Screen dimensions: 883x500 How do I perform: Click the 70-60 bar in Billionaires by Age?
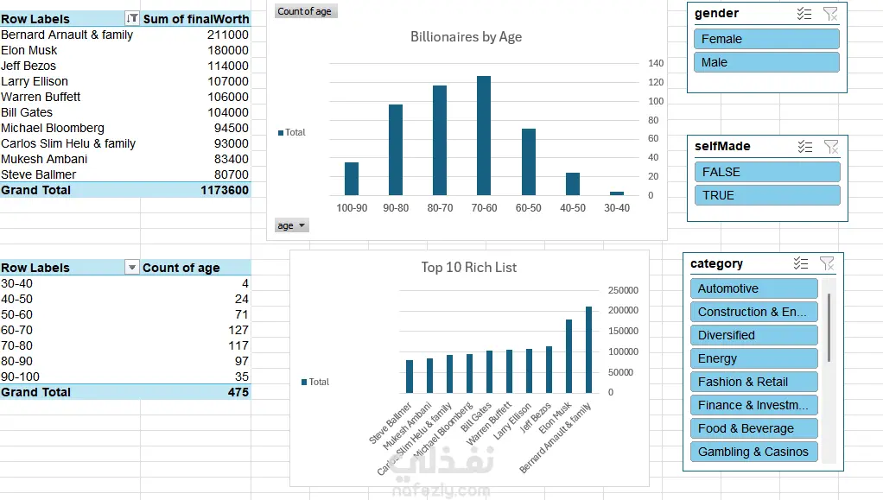(x=484, y=136)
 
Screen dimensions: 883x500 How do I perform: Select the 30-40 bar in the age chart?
(x=617, y=193)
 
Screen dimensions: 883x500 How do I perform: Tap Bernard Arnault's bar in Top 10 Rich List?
(x=588, y=350)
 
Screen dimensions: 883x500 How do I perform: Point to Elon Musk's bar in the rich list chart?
(x=569, y=357)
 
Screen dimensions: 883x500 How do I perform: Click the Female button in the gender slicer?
(x=766, y=39)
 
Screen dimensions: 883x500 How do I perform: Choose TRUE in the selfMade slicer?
(x=767, y=195)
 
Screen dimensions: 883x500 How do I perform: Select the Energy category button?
(x=754, y=358)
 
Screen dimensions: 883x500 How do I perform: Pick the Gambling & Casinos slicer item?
(x=754, y=452)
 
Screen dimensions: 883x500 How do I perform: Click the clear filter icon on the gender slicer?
(x=830, y=14)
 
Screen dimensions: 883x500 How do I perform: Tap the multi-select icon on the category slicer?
(x=801, y=263)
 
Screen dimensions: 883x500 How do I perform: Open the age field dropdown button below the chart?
(x=292, y=225)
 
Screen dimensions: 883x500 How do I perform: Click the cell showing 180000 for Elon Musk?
(x=227, y=50)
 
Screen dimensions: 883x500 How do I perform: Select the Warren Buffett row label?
(x=41, y=97)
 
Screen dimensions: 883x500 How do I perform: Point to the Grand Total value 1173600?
(x=224, y=190)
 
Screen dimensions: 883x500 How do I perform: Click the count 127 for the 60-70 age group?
(x=238, y=330)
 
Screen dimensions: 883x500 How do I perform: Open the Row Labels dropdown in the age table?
(x=132, y=268)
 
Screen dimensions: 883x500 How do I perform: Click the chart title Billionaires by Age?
(x=466, y=37)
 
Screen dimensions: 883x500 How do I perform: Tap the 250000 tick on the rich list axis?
(x=623, y=290)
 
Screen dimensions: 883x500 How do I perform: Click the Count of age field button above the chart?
(x=306, y=11)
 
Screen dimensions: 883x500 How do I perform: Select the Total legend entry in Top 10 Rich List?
(x=315, y=382)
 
